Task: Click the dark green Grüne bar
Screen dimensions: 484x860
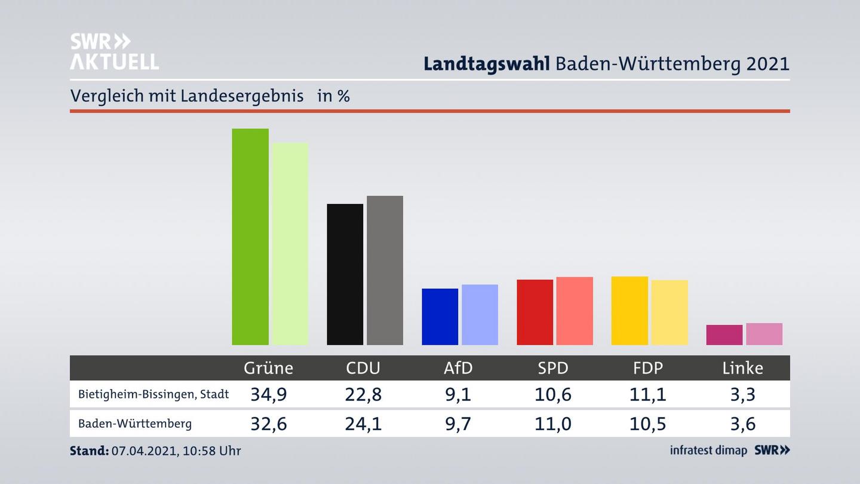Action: pyautogui.click(x=250, y=237)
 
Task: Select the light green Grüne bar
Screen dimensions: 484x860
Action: pyautogui.click(x=290, y=244)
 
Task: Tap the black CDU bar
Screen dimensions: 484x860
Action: pyautogui.click(x=345, y=274)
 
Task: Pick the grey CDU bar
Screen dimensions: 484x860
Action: pyautogui.click(x=385, y=270)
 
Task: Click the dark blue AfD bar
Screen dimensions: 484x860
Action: pyautogui.click(x=440, y=317)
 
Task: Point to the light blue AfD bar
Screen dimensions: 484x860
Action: pyautogui.click(x=480, y=314)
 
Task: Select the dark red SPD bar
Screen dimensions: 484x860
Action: pyautogui.click(x=535, y=312)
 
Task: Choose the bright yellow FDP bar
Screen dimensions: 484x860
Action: pyautogui.click(x=629, y=311)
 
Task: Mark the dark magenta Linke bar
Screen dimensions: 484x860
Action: pyautogui.click(x=724, y=335)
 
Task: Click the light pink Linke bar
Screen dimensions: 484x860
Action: pyautogui.click(x=764, y=334)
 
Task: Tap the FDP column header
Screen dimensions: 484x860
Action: pyautogui.click(x=648, y=367)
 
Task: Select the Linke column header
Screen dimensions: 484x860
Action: pyautogui.click(x=742, y=367)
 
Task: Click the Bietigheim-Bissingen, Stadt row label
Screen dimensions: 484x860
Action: pyautogui.click(x=153, y=394)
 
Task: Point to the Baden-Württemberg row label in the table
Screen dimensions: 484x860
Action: pyautogui.click(x=135, y=424)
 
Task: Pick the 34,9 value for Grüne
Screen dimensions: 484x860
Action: pyautogui.click(x=268, y=394)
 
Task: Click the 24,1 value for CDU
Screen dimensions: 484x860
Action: pyautogui.click(x=363, y=424)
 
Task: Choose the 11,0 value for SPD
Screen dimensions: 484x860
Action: pyautogui.click(x=553, y=424)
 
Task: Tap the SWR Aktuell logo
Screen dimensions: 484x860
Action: pyautogui.click(x=114, y=51)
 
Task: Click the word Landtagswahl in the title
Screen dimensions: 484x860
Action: pyautogui.click(x=486, y=64)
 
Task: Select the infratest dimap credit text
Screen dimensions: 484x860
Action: pyautogui.click(x=708, y=451)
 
